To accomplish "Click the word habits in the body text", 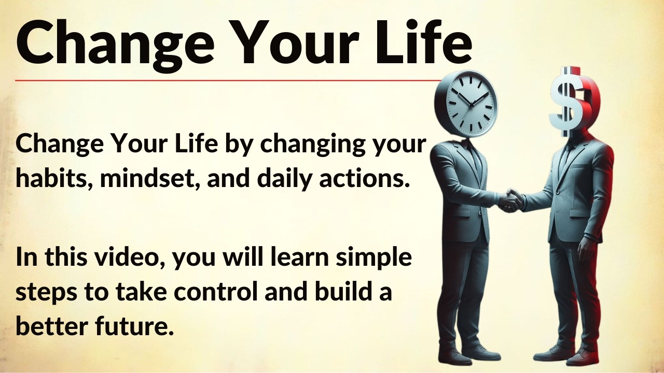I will click(x=52, y=179).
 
